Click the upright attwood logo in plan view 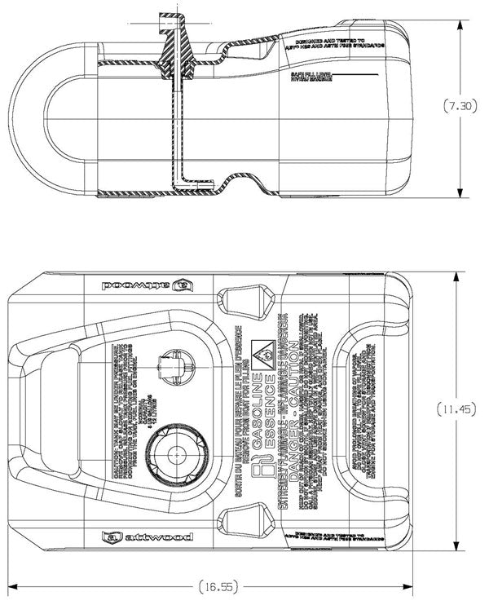click(147, 537)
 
